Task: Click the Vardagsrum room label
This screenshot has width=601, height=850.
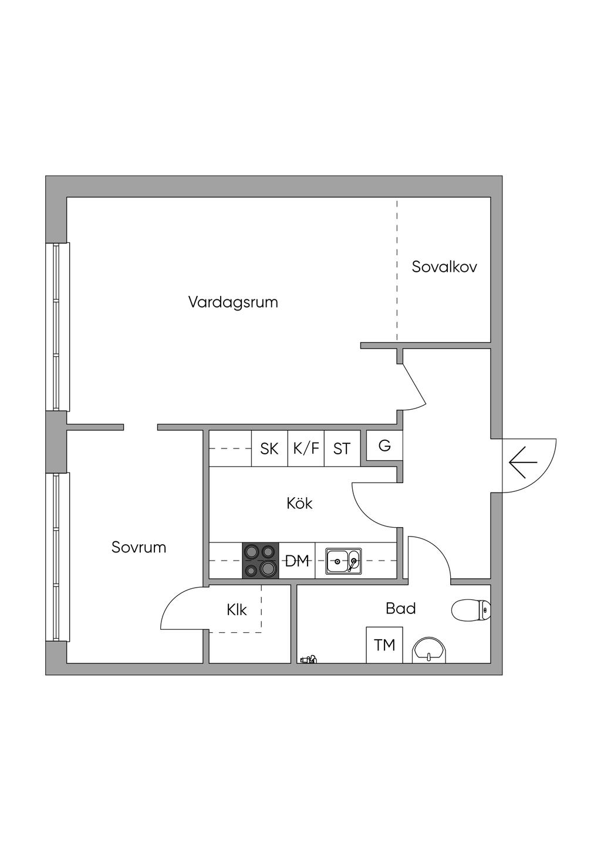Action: pos(233,302)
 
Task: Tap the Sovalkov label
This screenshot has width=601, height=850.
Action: pos(444,267)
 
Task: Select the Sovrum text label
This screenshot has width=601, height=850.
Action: pos(139,547)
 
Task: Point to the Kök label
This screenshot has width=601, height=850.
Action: pos(299,503)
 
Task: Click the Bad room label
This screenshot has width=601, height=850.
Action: pos(401,609)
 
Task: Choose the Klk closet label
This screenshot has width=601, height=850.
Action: pos(237,610)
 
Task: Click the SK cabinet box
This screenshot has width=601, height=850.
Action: pos(269,449)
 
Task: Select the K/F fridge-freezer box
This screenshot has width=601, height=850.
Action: pos(306,449)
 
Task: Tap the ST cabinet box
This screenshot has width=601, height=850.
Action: pos(342,449)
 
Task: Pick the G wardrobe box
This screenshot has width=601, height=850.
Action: pos(384,446)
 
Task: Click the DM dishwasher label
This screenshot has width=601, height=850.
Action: pos(297,561)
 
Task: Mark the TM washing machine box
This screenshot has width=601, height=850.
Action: pos(384,645)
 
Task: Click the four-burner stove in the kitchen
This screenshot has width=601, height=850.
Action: pos(261,561)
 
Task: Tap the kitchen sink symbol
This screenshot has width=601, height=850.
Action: pos(344,561)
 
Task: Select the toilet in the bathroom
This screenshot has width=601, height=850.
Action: pos(471,610)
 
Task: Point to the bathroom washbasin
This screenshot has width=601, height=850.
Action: pos(429,650)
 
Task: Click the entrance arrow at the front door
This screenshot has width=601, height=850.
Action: pos(523,463)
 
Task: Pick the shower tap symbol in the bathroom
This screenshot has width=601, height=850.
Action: pos(308,660)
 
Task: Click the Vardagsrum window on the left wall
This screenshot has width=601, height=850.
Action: pos(58,327)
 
